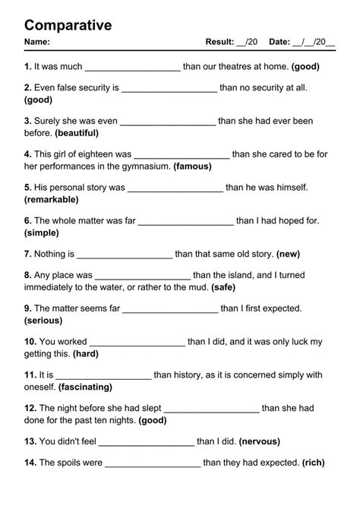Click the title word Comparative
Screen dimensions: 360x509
68,25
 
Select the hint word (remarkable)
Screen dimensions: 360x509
52,199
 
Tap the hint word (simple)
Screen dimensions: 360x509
42,232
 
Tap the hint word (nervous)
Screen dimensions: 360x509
260,441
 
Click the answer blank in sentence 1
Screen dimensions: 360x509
133,67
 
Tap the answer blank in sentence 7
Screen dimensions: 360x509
125,255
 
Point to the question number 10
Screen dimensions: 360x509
30,342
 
